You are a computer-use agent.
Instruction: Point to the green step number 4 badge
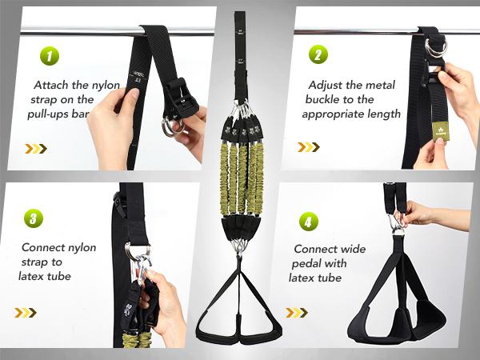click(x=309, y=222)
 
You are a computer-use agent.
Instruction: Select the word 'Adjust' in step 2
click(x=324, y=84)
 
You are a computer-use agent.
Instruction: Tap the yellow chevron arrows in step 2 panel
click(x=309, y=146)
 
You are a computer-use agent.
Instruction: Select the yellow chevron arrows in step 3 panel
click(x=25, y=312)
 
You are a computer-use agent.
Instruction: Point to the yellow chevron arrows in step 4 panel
click(x=297, y=312)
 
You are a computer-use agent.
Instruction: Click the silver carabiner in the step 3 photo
click(x=141, y=260)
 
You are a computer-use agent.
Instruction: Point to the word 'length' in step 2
click(x=383, y=114)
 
